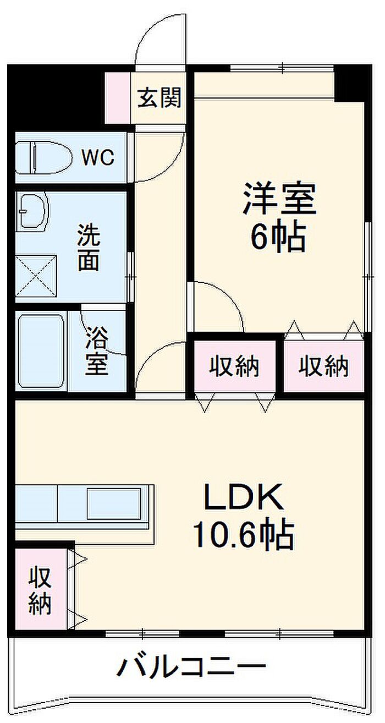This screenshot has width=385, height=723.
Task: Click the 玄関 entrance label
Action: click(159, 97)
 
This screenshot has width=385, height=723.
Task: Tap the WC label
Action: click(98, 157)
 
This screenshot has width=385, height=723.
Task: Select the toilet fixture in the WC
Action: click(43, 157)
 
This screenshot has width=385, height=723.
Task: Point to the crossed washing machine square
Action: click(36, 276)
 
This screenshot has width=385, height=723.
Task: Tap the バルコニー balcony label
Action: click(191, 665)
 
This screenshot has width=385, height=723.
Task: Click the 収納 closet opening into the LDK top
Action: click(235, 367)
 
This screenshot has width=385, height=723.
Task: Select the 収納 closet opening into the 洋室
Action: click(323, 367)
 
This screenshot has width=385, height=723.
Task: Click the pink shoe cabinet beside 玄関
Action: click(118, 97)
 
